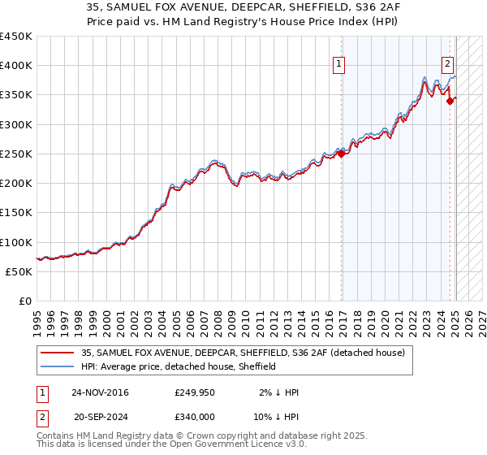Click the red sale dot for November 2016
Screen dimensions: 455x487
(x=342, y=153)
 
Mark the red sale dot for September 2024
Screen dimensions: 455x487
(x=450, y=101)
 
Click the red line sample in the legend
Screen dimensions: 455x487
(x=58, y=353)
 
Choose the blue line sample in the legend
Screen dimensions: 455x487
(x=58, y=366)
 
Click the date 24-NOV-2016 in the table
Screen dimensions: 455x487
(x=100, y=392)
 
